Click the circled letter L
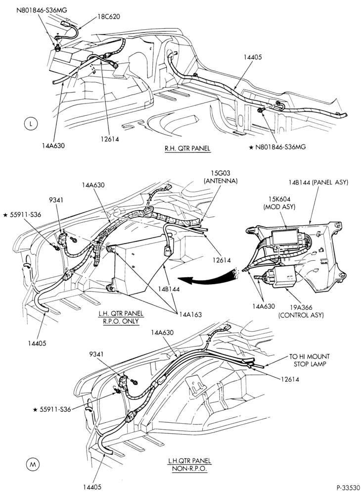coord(30,124)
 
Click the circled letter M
coord(33,464)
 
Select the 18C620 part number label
coord(108,16)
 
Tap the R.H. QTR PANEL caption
coord(187,148)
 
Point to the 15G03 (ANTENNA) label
coord(221,177)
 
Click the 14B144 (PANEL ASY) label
coord(318,182)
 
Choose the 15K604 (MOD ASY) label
coord(279,203)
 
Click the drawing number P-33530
coord(348,488)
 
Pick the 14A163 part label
coord(190,314)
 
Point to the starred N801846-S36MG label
coord(277,147)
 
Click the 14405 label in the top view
coord(253,57)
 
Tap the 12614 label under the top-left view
coord(110,139)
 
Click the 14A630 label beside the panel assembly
coord(264,306)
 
